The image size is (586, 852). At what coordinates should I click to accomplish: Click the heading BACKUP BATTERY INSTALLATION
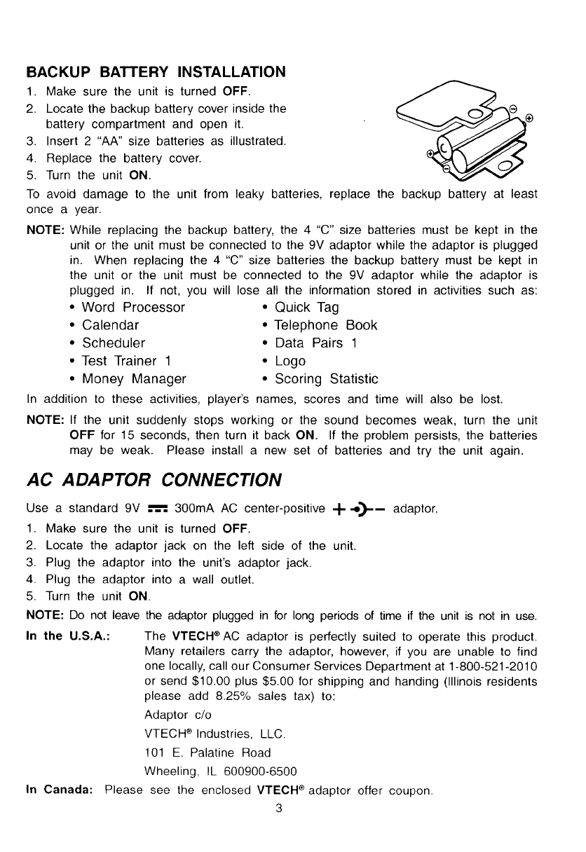(156, 73)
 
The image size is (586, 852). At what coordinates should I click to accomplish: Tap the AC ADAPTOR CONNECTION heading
(154, 480)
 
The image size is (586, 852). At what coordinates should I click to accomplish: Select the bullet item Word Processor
(133, 308)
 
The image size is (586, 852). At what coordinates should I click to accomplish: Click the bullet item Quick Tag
(307, 308)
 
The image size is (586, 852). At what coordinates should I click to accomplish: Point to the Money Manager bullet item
(134, 379)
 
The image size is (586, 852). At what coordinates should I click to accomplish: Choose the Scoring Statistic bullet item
(326, 379)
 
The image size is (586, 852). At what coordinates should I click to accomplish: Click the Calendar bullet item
(110, 325)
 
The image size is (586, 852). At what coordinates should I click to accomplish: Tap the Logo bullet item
(289, 362)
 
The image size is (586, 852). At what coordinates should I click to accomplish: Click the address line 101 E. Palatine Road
(207, 753)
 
